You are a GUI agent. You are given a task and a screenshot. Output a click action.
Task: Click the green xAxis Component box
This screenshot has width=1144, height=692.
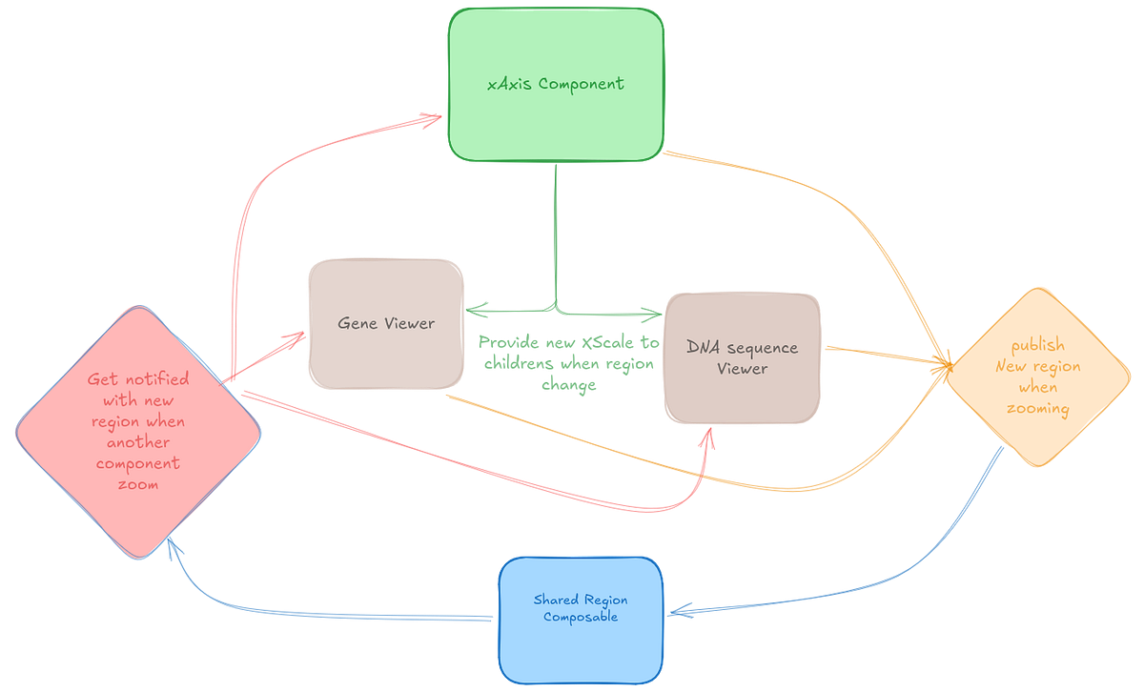pyautogui.click(x=556, y=84)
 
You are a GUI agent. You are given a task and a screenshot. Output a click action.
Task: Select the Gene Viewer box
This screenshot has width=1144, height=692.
pyautogui.click(x=385, y=323)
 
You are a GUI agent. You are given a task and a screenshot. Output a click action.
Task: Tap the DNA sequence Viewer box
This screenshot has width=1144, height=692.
pyautogui.click(x=742, y=357)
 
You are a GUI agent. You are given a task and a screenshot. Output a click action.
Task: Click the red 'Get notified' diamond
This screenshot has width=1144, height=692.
pyautogui.click(x=138, y=431)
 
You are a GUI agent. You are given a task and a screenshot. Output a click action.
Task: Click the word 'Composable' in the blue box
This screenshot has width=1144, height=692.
pyautogui.click(x=581, y=617)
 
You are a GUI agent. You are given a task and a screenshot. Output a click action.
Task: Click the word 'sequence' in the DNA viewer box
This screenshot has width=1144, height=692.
pyautogui.click(x=764, y=347)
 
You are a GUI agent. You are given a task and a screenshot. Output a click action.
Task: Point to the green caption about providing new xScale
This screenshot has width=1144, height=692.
pyautogui.click(x=566, y=363)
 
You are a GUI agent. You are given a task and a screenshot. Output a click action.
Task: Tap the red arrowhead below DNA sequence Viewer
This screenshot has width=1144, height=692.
pyautogui.click(x=707, y=436)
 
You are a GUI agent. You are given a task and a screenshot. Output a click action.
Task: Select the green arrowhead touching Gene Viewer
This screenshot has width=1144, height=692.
pyautogui.click(x=474, y=308)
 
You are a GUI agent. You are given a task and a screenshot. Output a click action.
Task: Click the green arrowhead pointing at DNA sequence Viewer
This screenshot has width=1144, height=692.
pyautogui.click(x=653, y=313)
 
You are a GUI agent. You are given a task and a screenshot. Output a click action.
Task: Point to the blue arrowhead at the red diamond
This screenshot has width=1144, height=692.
pyautogui.click(x=172, y=544)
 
